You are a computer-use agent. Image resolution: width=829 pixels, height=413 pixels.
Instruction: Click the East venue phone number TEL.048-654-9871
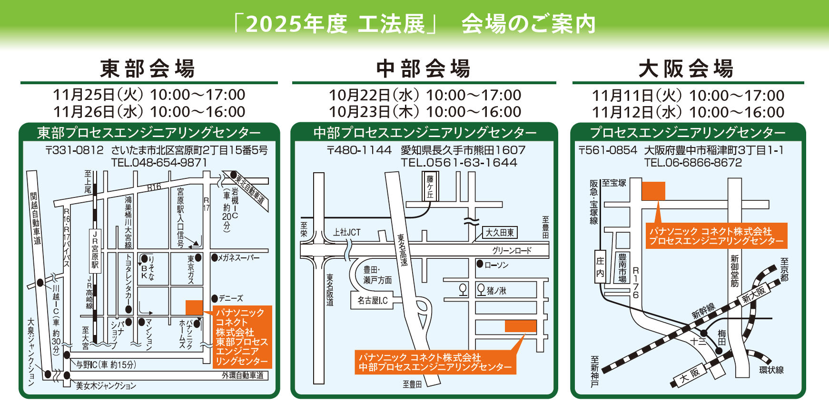[159, 163]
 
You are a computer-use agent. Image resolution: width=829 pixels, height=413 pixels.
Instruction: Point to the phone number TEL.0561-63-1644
[459, 163]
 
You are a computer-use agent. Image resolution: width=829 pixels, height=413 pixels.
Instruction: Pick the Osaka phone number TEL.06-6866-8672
[693, 163]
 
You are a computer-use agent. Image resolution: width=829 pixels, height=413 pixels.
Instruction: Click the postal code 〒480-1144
[359, 150]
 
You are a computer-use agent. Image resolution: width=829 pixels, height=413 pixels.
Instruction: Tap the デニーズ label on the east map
[230, 298]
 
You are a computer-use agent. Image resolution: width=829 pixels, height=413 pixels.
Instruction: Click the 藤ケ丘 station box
[430, 186]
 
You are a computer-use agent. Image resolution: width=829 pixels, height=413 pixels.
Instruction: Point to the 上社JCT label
[346, 232]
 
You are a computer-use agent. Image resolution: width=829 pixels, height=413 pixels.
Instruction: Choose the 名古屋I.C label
[373, 301]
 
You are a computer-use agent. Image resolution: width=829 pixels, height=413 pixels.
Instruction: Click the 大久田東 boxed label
[500, 233]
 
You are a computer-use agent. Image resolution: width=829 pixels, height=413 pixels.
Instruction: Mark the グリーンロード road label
[512, 251]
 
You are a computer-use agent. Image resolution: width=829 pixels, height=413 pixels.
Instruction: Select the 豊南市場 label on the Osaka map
[622, 268]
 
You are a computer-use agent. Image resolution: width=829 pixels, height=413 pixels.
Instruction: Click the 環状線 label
[771, 370]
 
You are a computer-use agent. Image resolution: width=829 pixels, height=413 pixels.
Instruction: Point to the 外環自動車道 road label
[243, 375]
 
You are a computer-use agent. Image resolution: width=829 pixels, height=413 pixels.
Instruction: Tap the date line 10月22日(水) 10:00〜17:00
[425, 95]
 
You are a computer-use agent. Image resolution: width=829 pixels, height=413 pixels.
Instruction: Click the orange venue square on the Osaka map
[653, 191]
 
